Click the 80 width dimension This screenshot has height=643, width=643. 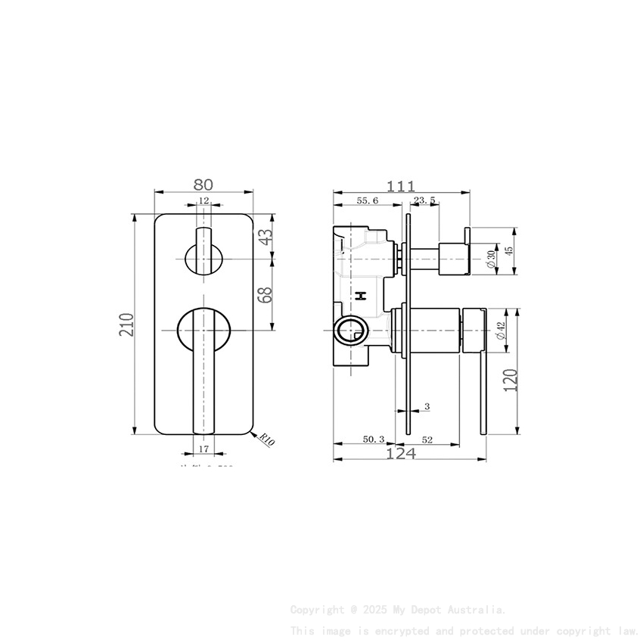click(203, 185)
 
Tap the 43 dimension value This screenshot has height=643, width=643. click(265, 237)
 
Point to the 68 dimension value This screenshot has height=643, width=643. click(265, 294)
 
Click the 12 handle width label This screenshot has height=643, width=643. click(203, 200)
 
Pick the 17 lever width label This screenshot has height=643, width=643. click(203, 449)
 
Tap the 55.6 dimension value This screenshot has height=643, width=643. click(367, 200)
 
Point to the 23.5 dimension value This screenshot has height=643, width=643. click(424, 200)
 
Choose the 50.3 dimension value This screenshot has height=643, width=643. click(374, 439)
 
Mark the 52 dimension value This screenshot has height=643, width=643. click(427, 439)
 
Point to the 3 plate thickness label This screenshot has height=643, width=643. click(427, 407)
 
